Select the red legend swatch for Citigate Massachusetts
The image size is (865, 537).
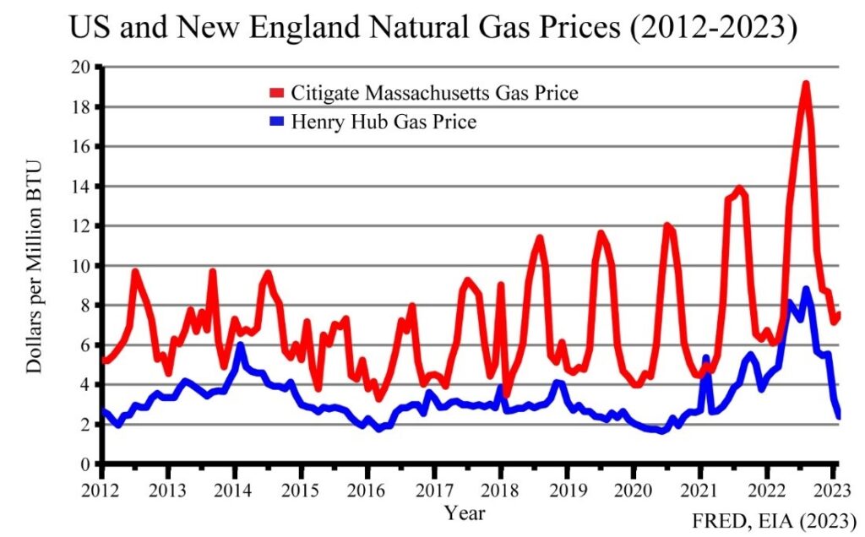pos(277,92)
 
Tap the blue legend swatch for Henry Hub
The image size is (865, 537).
pos(277,122)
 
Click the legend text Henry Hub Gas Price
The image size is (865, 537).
pos(384,122)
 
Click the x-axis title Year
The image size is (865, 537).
pos(465,511)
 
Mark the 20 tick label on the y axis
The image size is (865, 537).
pos(81,68)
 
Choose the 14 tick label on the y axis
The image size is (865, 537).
pos(81,187)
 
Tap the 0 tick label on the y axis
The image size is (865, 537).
pos(85,464)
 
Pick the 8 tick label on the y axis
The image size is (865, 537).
pos(85,306)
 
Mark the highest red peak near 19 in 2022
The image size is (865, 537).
pos(806,84)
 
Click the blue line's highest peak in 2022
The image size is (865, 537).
pos(807,290)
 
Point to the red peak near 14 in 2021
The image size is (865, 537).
pos(739,188)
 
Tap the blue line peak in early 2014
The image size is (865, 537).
pos(240,344)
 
